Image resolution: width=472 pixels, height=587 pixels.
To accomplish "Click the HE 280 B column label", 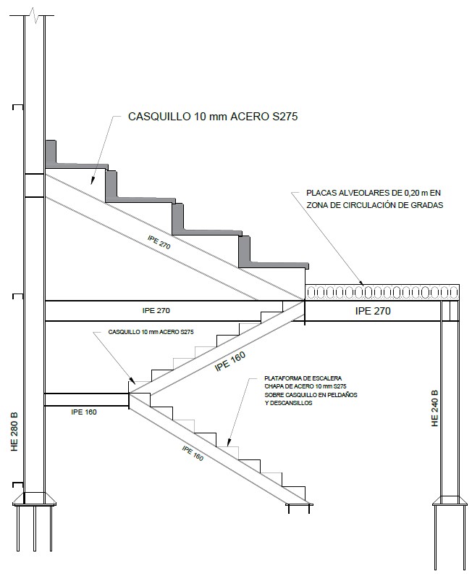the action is (x=14, y=432).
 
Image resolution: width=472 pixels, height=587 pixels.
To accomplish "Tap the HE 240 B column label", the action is (x=434, y=409).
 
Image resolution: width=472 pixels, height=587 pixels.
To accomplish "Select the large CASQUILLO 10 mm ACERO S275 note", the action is (x=213, y=117).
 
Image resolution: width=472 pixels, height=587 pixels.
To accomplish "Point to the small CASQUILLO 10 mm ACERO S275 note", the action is (x=151, y=332).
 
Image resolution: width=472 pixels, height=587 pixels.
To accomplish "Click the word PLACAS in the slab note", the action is (x=321, y=193).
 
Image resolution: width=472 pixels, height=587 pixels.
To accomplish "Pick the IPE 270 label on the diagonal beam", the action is (x=159, y=242).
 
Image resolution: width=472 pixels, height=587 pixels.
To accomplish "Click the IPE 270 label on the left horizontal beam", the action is (x=156, y=310).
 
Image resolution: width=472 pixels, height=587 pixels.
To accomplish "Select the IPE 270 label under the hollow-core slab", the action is (x=373, y=311).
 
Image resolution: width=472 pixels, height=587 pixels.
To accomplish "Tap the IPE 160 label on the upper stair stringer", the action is (x=230, y=362).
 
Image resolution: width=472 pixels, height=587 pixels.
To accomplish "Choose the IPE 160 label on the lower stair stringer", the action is (x=193, y=454).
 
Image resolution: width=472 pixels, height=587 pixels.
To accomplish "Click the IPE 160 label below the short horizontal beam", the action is (x=84, y=412).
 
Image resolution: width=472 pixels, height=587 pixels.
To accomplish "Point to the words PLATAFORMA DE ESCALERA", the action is (x=303, y=378).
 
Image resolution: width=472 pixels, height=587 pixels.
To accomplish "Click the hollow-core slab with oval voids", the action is (x=382, y=292).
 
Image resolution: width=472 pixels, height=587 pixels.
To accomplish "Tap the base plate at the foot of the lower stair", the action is (x=299, y=504).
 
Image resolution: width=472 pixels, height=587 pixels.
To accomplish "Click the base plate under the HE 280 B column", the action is (x=35, y=499).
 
